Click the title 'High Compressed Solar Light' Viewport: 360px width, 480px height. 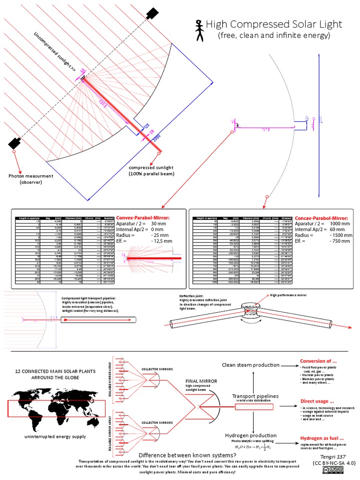click(274, 24)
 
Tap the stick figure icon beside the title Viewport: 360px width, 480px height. click(199, 29)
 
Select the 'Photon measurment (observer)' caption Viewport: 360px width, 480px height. click(31, 179)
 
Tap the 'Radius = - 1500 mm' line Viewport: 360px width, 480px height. click(323, 236)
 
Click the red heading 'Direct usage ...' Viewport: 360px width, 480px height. click(317, 401)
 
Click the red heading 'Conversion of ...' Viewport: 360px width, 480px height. click(318, 361)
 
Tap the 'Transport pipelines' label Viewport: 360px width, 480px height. click(255, 396)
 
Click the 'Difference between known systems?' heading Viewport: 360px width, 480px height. click(187, 455)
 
